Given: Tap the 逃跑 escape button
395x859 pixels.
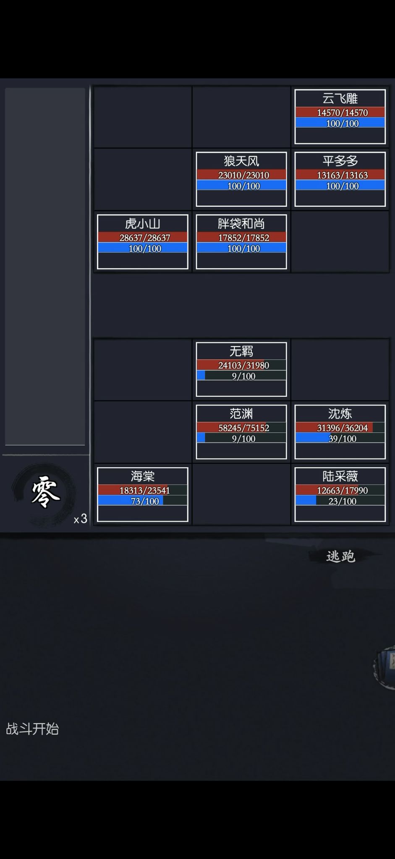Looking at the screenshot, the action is [x=340, y=557].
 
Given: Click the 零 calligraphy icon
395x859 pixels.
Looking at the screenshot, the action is [x=46, y=492].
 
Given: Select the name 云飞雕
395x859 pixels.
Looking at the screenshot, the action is [x=340, y=99].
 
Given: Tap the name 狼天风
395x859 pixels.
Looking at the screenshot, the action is [x=241, y=161].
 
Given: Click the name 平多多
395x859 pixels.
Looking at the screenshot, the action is [x=340, y=161].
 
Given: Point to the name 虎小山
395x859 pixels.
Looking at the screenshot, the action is [x=143, y=224].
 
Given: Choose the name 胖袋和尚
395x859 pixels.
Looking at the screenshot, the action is [x=241, y=224].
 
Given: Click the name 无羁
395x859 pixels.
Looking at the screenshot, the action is [x=241, y=351].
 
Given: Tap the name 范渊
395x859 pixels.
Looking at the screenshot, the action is [x=241, y=414].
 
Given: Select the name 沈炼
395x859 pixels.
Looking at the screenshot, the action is [x=340, y=414].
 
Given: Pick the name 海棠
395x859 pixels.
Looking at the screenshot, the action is [x=143, y=476].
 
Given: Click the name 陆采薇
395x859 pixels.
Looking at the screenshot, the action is [x=340, y=476].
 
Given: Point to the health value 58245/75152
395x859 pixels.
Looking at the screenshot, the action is [x=243, y=428].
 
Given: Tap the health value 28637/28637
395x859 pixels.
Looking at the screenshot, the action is [x=145, y=238].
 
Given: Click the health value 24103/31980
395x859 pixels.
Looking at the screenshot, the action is [x=243, y=365].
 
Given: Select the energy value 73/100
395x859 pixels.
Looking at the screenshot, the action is [x=145, y=501].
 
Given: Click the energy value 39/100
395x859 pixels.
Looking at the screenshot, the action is [x=343, y=439].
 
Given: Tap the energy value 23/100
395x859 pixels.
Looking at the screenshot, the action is [x=343, y=501].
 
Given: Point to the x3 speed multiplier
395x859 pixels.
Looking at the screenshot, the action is [x=81, y=519].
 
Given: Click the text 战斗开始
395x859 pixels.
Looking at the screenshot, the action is [x=32, y=729].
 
